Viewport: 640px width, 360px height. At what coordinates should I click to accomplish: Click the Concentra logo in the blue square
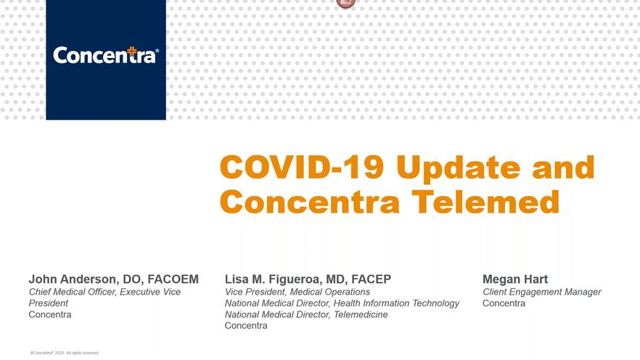coord(106,55)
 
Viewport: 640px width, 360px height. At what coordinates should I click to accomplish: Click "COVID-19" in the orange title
coord(302,167)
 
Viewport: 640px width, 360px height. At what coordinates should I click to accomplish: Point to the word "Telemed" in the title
coord(485,202)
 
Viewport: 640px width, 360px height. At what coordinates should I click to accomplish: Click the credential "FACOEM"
coord(173,279)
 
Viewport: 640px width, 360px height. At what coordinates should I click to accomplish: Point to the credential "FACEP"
coord(371,279)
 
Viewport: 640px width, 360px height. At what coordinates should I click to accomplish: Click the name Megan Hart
coord(515,279)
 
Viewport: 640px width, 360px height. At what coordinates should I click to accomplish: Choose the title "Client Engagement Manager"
coord(541,292)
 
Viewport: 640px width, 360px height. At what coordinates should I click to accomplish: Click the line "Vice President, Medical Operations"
coord(298,292)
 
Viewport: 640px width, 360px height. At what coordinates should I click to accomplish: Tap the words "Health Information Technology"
coord(396,303)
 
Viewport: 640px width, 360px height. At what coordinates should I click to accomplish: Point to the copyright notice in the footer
coord(65,353)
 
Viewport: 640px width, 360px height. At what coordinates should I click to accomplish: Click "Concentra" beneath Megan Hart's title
coord(504,303)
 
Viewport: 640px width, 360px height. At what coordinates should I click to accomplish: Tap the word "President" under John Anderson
coord(48,303)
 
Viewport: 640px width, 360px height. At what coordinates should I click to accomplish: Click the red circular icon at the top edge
coord(345,3)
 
